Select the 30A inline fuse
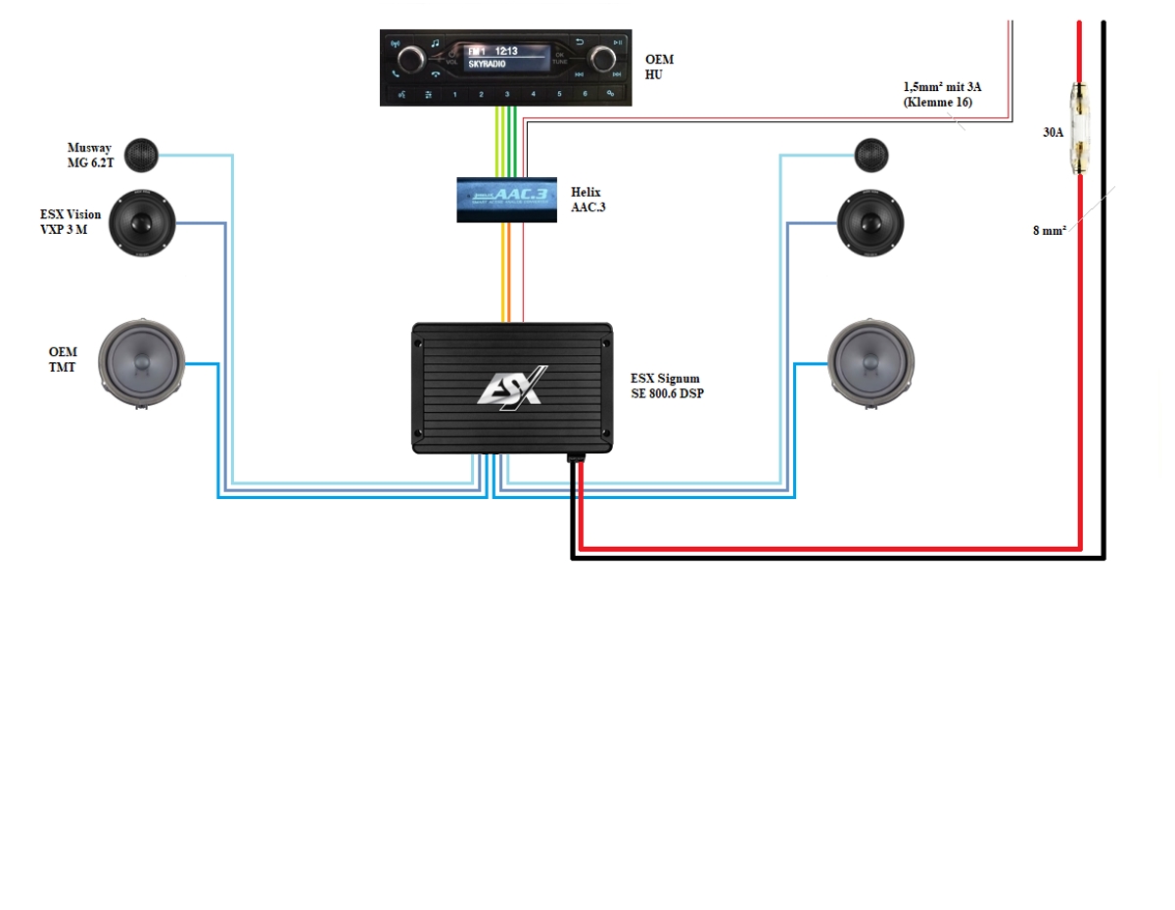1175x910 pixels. click(1079, 130)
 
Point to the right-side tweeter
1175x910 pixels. click(871, 155)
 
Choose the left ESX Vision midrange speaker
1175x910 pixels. click(141, 224)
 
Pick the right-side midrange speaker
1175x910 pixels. click(871, 224)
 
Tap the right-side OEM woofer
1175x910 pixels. click(870, 362)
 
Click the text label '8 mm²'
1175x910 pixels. click(1049, 232)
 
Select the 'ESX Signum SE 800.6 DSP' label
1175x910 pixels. click(666, 385)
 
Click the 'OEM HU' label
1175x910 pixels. click(659, 67)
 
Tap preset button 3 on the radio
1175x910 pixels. click(507, 95)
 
